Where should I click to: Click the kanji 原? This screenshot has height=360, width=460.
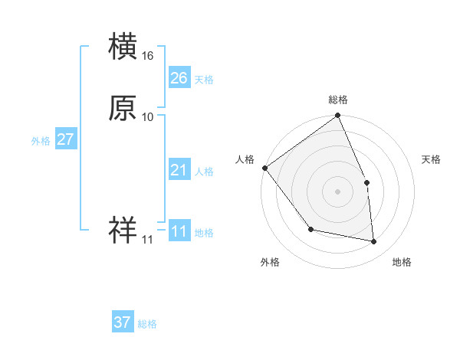(x=123, y=109)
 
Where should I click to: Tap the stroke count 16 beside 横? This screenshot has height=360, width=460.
(x=148, y=56)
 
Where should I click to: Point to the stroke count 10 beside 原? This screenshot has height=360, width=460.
(x=148, y=117)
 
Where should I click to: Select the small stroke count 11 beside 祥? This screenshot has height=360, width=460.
(x=147, y=240)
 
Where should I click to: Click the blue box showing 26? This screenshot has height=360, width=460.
(x=179, y=78)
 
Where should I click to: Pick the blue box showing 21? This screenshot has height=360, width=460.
(x=179, y=170)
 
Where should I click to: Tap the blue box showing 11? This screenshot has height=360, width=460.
(x=179, y=231)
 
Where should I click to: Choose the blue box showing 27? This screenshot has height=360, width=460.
(x=65, y=139)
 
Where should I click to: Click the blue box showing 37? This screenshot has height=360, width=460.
(x=123, y=322)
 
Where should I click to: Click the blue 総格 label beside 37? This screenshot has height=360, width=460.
(x=147, y=324)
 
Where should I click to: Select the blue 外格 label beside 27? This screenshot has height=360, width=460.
(x=41, y=141)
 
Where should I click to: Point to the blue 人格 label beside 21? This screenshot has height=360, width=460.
(x=204, y=172)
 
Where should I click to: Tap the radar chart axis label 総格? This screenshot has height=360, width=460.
(x=338, y=100)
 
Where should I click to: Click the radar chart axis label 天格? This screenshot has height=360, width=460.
(x=432, y=159)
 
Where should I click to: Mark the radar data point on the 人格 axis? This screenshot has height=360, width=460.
(x=264, y=168)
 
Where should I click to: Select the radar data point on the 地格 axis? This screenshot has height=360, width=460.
(x=374, y=242)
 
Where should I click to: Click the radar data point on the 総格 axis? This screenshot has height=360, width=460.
(x=338, y=116)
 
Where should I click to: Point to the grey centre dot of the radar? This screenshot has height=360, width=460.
(x=338, y=191)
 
